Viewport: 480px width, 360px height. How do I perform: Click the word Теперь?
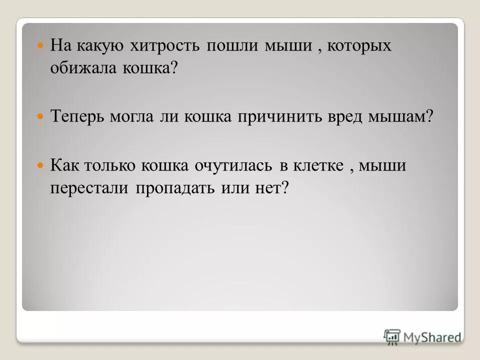(x=79, y=116)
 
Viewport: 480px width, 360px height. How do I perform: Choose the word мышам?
(x=399, y=116)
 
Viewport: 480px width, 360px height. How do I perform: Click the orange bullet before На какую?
(x=41, y=45)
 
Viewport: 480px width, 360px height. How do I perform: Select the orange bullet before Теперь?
(x=41, y=116)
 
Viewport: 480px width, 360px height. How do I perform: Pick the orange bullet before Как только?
(x=41, y=164)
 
